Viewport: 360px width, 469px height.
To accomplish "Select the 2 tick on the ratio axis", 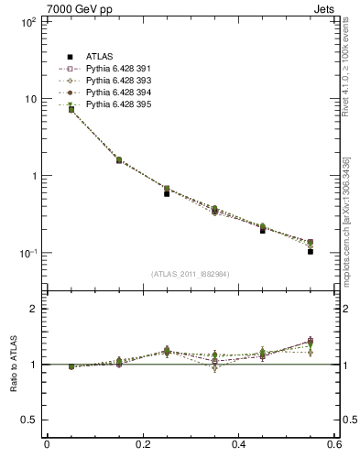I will pyautogui.click(x=32, y=309).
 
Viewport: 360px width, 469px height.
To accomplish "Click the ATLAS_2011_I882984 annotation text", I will pyautogui.click(x=191, y=274).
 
